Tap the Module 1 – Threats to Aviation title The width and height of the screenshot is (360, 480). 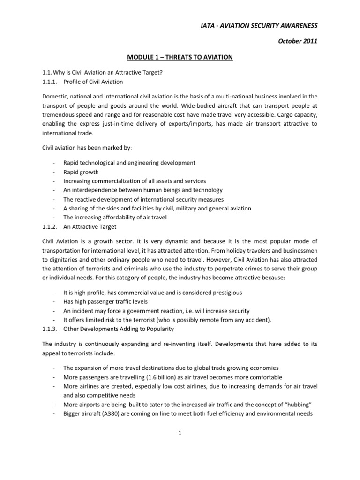(180, 57)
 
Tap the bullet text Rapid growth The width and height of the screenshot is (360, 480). (81, 172)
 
